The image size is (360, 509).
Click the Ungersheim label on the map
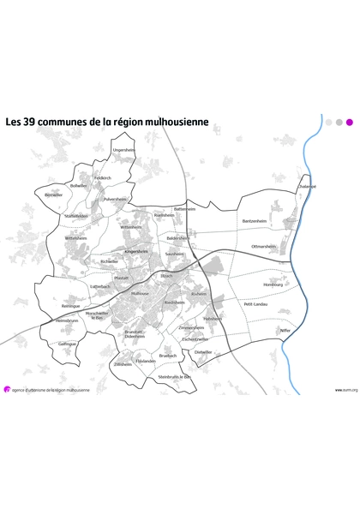point(124,150)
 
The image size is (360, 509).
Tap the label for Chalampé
point(307,186)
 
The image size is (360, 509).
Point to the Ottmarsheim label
point(263,246)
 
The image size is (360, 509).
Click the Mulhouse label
point(139,293)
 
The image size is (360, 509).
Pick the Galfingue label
point(68,344)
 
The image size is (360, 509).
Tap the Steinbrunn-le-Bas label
point(175,376)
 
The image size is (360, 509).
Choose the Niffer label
point(285,330)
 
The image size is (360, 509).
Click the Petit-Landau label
point(255,303)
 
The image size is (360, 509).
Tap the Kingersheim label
point(137,251)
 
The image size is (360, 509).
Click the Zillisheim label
point(123,364)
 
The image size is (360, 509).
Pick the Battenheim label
point(185,208)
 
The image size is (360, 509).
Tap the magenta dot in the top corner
point(349,122)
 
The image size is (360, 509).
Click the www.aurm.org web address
point(345,390)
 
